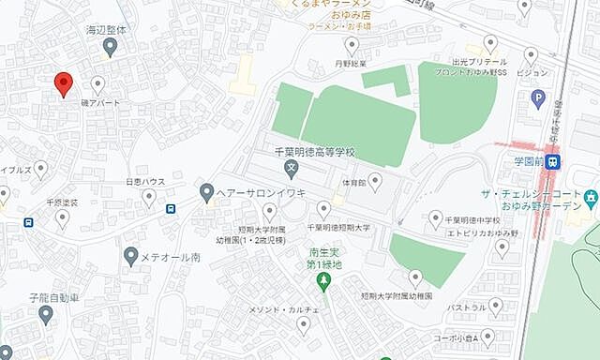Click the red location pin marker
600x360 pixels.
click(63, 83)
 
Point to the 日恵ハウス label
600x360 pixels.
click(145, 182)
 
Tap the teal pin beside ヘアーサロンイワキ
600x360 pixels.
click(207, 192)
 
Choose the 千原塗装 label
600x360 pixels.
click(63, 202)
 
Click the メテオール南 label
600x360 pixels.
click(171, 255)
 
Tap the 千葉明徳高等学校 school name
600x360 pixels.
click(315, 153)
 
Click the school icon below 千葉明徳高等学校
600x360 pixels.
click(292, 170)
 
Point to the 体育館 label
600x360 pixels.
click(352, 181)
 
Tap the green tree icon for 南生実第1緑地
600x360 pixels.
click(324, 280)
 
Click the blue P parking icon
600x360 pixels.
click(538, 97)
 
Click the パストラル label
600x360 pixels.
click(468, 306)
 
